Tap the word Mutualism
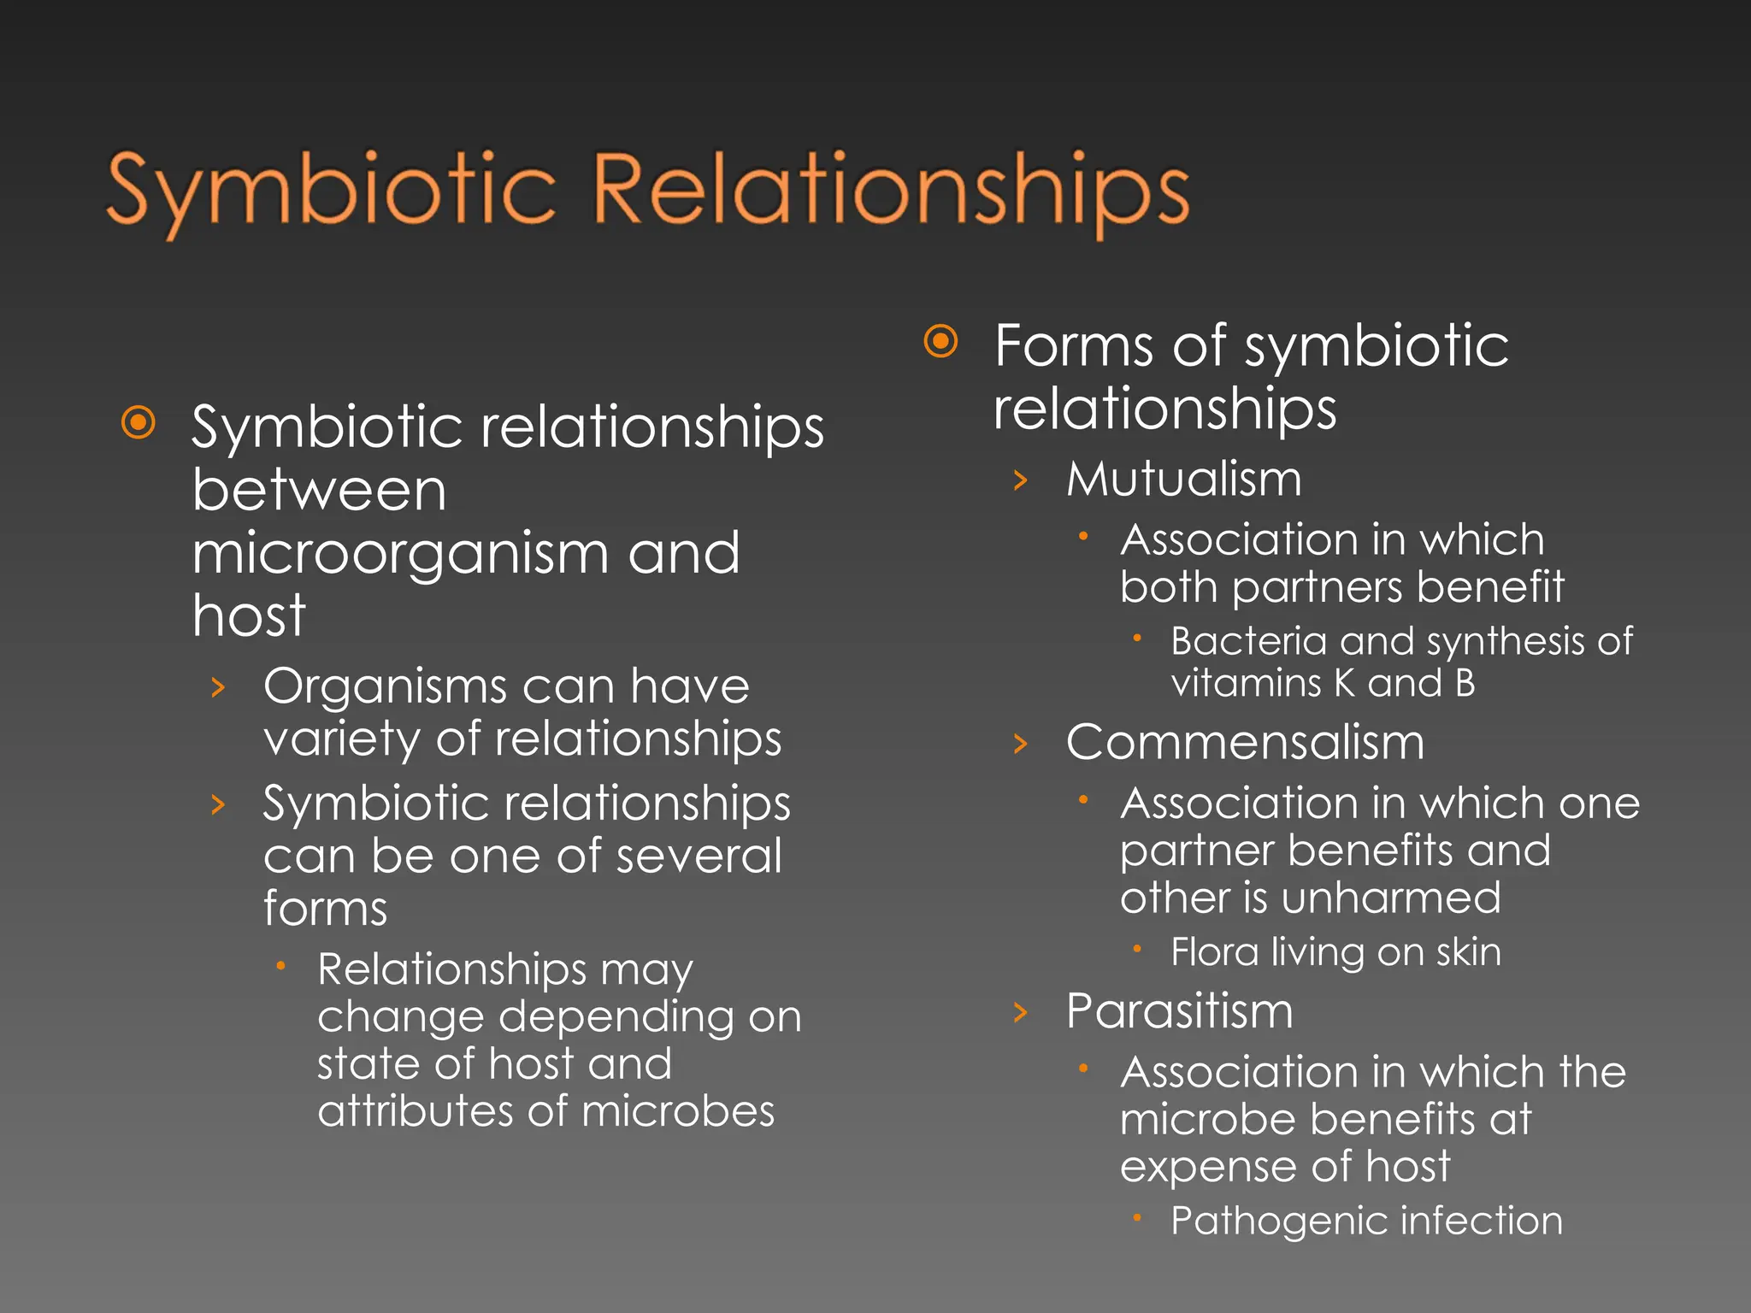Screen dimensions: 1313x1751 [1184, 479]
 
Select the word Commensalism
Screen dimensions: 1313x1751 [1245, 742]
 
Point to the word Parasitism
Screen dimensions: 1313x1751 [1180, 1011]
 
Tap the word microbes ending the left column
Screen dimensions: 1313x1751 [680, 1111]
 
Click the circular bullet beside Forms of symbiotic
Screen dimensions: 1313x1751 [941, 342]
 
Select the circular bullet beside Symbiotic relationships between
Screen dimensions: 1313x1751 [139, 422]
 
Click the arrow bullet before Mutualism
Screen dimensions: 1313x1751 [1020, 480]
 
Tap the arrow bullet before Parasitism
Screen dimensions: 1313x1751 [1020, 1013]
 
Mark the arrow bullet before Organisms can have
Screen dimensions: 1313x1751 [218, 687]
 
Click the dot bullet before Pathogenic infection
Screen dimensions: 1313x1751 [1137, 1217]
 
